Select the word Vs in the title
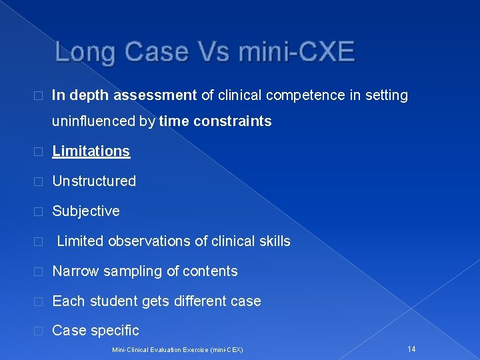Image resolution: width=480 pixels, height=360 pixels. click(x=212, y=51)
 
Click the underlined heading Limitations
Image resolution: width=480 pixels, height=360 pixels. click(x=91, y=151)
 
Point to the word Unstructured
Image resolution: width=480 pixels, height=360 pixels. click(x=94, y=181)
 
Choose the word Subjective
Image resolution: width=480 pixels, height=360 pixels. click(x=86, y=211)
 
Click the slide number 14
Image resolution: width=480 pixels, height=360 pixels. click(x=411, y=349)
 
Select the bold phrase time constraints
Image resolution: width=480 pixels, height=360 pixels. click(x=215, y=121)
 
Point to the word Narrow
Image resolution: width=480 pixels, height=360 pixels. click(x=73, y=271)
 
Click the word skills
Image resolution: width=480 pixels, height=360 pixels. click(x=275, y=241)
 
